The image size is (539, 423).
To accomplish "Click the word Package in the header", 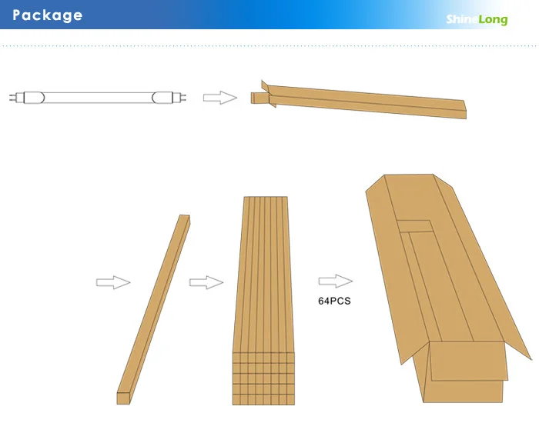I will click(x=48, y=15).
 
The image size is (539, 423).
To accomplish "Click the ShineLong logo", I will click(x=477, y=20).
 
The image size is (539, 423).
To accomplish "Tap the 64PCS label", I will click(x=334, y=301).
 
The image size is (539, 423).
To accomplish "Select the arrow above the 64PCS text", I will click(x=335, y=281).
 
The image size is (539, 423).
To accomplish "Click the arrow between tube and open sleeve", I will click(x=219, y=98).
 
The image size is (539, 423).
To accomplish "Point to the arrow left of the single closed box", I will click(x=112, y=283).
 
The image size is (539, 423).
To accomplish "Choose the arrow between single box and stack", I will click(x=205, y=283).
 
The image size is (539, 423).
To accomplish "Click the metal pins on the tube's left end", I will click(x=13, y=98).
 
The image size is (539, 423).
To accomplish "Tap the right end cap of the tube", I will click(x=162, y=98).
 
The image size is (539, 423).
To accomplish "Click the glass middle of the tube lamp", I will click(x=92, y=98).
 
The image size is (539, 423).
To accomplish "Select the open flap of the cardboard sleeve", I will click(x=266, y=92).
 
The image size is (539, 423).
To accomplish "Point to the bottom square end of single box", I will click(x=124, y=398).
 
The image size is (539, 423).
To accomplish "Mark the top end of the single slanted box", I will click(x=184, y=219).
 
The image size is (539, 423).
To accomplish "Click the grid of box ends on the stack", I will click(x=264, y=377).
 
